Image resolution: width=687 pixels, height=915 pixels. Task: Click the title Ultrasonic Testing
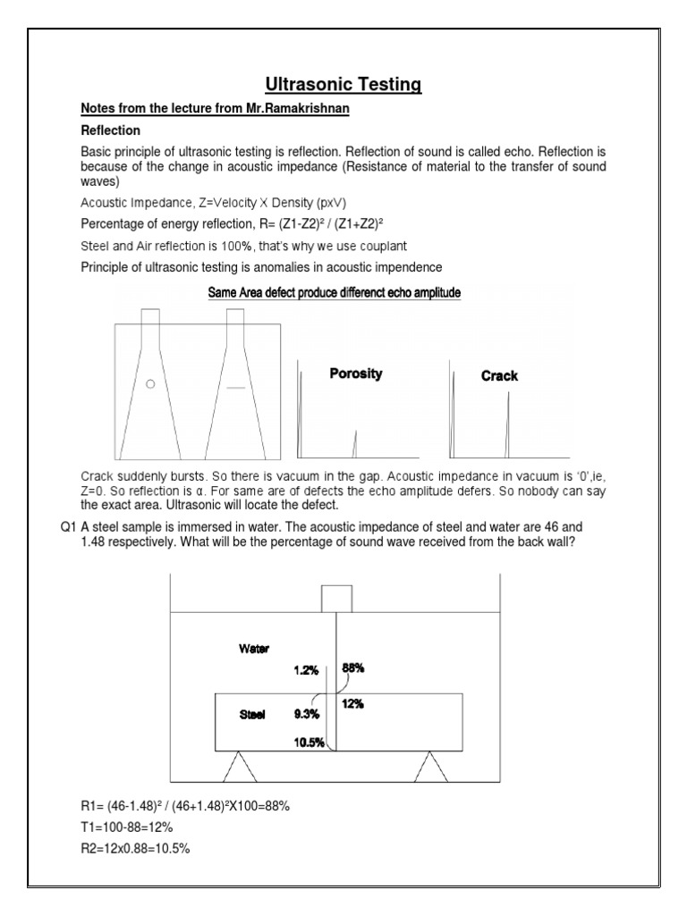click(343, 85)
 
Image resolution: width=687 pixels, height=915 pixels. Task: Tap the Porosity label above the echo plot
click(355, 374)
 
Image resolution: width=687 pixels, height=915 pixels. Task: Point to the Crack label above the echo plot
click(499, 376)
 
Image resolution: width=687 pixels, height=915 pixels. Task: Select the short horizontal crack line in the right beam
click(235, 388)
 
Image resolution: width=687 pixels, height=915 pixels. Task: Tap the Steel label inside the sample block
click(252, 714)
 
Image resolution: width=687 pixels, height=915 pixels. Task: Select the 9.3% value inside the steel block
click(307, 714)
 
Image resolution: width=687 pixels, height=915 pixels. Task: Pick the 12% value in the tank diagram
click(352, 703)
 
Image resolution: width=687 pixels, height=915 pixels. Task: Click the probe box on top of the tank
click(335, 599)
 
